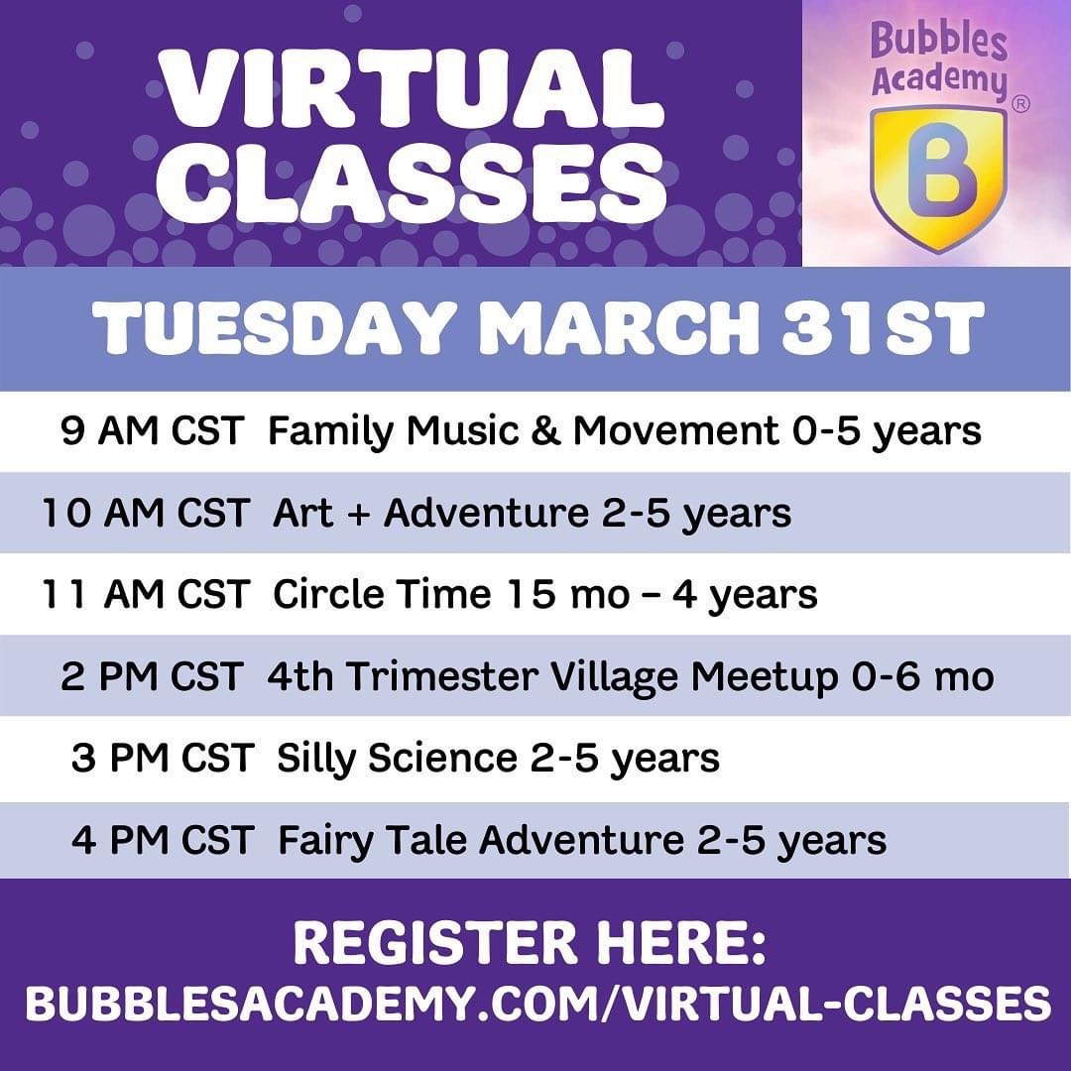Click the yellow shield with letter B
[x=938, y=178]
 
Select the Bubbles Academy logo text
[x=939, y=60]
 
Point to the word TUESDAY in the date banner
[x=271, y=328]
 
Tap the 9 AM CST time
[x=152, y=431]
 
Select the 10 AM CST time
[x=145, y=513]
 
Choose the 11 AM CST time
[x=145, y=594]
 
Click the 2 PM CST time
[x=152, y=676]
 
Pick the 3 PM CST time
[x=163, y=759]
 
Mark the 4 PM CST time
[x=163, y=840]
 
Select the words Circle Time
[x=382, y=594]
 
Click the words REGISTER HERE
[x=530, y=943]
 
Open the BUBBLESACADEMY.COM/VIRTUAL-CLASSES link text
[x=538, y=1004]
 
